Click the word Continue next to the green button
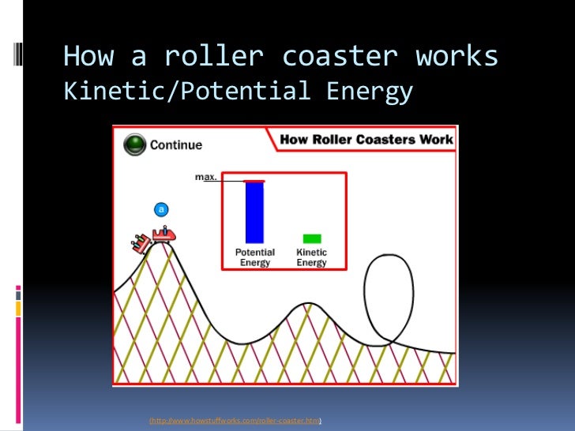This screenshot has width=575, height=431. (x=176, y=145)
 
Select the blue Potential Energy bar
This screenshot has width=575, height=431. (x=254, y=212)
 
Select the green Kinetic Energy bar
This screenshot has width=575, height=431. (x=312, y=238)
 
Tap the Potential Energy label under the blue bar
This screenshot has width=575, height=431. (x=255, y=258)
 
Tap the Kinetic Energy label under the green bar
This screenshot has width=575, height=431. (x=311, y=258)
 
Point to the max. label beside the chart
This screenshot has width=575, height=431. (x=206, y=178)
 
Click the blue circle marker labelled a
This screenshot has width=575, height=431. (x=161, y=209)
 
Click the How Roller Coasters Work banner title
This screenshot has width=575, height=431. (x=366, y=140)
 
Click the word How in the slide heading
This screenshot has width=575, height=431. (x=87, y=56)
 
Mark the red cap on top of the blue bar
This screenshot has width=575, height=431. (x=254, y=182)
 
